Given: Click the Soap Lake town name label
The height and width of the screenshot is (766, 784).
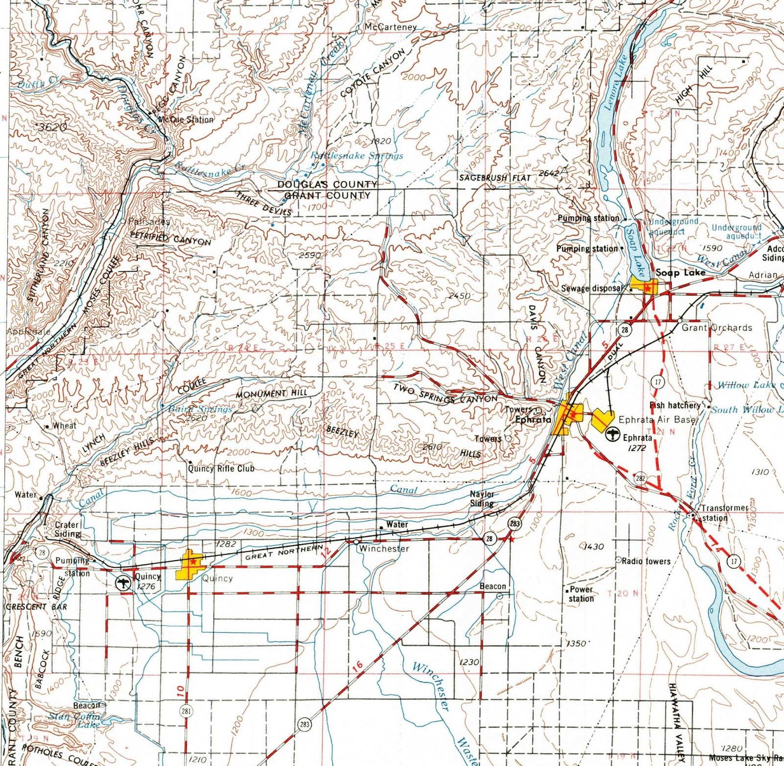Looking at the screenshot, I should tap(681, 273).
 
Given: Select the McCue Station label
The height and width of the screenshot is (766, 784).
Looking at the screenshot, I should tap(186, 119).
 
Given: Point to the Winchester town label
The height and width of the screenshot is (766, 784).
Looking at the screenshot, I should tap(384, 549).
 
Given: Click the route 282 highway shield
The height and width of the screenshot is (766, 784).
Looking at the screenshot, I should tap(640, 478).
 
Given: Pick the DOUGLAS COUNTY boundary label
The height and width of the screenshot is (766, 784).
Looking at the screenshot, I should tap(327, 185).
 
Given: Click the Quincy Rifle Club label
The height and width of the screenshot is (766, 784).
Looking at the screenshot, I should tap(221, 468).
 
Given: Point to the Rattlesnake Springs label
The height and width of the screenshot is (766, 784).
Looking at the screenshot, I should tap(357, 156).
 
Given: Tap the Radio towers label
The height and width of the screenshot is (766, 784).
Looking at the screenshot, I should tap(646, 561).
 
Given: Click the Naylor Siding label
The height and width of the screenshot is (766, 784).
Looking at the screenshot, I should tap(483, 499).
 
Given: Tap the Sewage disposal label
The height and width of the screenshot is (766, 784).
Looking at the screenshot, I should tap(592, 288).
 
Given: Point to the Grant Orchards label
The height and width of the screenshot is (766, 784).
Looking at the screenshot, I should tap(717, 328).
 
